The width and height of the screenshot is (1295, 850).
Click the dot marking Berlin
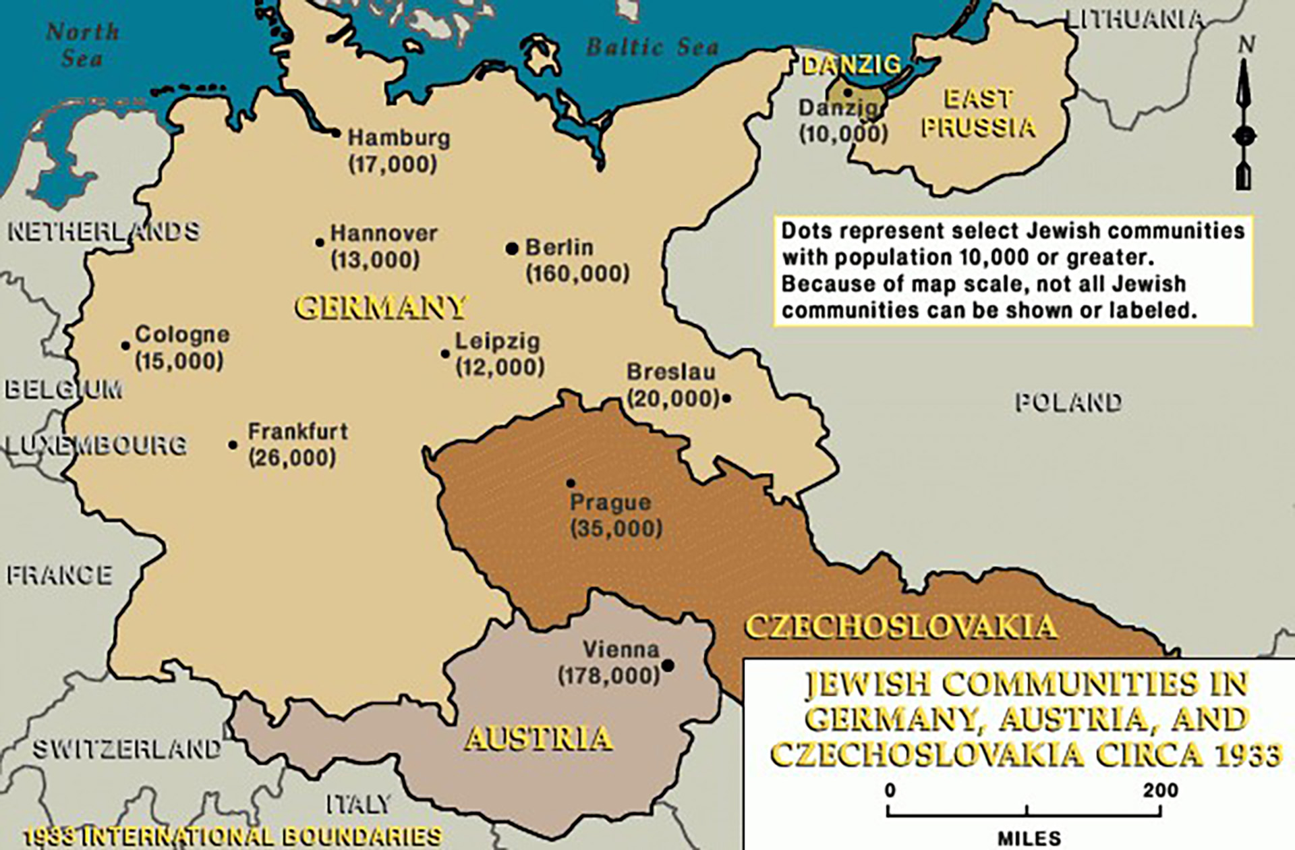[512, 249]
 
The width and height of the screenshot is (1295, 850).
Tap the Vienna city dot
[668, 666]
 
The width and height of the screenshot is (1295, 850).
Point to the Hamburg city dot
[336, 133]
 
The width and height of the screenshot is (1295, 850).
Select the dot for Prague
[571, 483]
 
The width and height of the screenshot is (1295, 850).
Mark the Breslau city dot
[726, 398]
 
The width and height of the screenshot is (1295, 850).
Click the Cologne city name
[182, 335]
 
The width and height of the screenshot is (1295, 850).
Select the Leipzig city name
[498, 341]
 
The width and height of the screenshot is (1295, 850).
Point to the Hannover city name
[384, 234]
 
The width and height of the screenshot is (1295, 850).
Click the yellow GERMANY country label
[380, 308]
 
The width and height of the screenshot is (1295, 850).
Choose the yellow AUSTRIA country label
[538, 738]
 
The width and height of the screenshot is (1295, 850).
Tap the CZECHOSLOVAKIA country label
[900, 627]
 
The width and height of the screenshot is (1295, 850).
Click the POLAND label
[1068, 403]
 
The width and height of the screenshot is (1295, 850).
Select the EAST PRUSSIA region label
[978, 113]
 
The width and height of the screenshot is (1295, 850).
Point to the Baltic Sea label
[652, 47]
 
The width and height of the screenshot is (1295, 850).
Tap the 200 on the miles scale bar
[1160, 790]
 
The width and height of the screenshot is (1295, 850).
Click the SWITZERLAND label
[127, 749]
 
